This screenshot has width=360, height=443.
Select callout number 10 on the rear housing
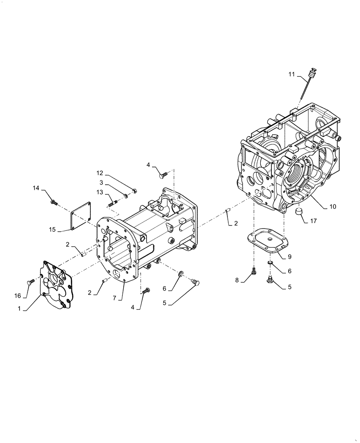pyautogui.click(x=333, y=206)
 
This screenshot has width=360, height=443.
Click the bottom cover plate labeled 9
pyautogui.click(x=267, y=240)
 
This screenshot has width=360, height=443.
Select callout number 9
pyautogui.click(x=289, y=256)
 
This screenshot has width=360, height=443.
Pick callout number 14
pyautogui.click(x=36, y=188)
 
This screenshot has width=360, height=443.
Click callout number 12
pyautogui.click(x=100, y=173)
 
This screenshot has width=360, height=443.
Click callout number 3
pyautogui.click(x=102, y=183)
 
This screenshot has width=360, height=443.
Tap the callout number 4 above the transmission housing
pyautogui.click(x=149, y=165)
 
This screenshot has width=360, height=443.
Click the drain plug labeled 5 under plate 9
pyautogui.click(x=269, y=279)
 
